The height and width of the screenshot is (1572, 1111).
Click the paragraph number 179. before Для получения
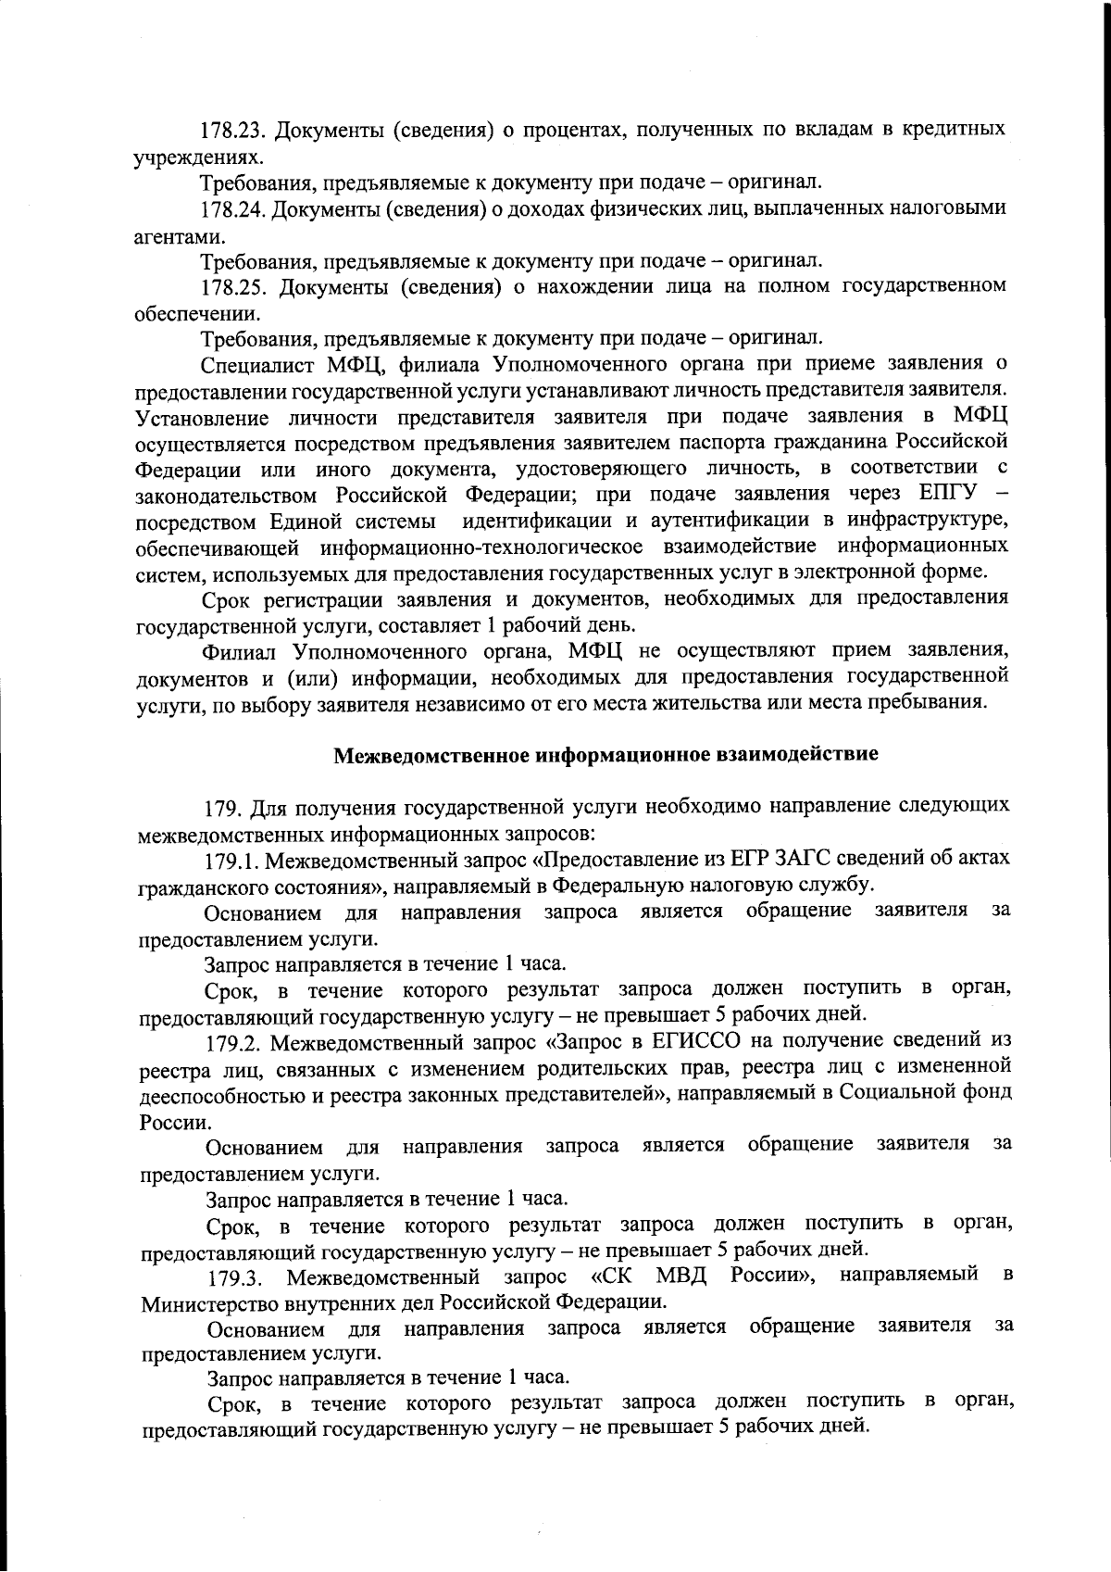[222, 807]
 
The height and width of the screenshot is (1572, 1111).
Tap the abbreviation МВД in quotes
[681, 1277]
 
